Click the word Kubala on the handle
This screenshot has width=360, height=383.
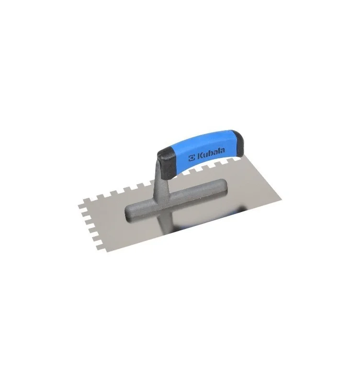pyautogui.click(x=211, y=153)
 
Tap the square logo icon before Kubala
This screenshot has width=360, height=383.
pyautogui.click(x=192, y=158)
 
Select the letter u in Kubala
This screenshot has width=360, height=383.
pyautogui.click(x=206, y=155)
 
